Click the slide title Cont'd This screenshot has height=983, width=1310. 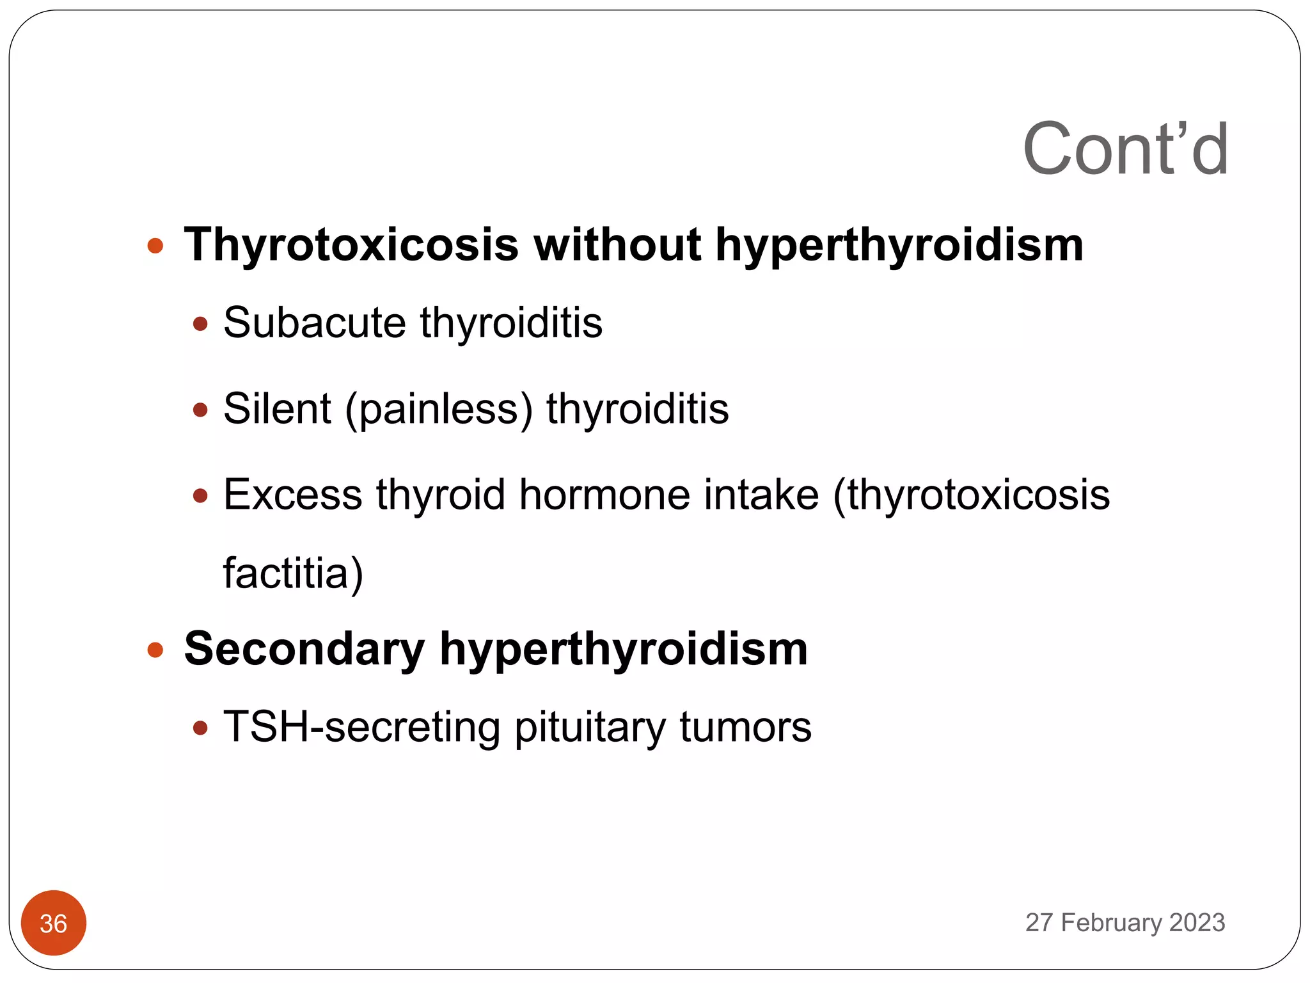pos(1125,150)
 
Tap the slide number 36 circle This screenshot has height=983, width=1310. pos(54,923)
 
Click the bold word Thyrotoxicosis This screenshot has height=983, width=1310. pos(351,245)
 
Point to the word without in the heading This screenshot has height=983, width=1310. pos(617,245)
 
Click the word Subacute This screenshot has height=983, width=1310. pos(314,323)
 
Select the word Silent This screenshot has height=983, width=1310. pos(277,409)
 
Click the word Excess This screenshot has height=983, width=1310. pos(292,495)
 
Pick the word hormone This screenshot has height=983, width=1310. pos(604,495)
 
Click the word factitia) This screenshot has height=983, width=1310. pos(293,573)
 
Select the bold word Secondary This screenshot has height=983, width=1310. pos(304,650)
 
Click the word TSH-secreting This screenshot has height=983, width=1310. pos(362,728)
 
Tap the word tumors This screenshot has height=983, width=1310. pos(745,728)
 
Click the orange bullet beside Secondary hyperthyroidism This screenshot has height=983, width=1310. pos(155,651)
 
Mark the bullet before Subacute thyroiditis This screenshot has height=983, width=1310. pos(201,324)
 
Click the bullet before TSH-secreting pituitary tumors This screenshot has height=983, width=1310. pos(201,728)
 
